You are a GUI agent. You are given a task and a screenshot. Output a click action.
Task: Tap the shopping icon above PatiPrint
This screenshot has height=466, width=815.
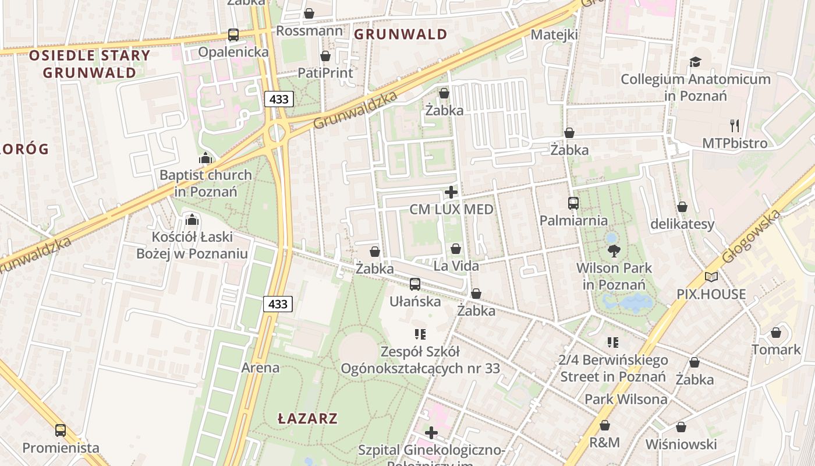(x=325, y=56)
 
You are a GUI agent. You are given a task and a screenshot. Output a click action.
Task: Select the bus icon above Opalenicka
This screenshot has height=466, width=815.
(x=233, y=34)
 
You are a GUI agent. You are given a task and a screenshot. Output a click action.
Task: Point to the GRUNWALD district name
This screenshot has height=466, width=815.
(x=401, y=34)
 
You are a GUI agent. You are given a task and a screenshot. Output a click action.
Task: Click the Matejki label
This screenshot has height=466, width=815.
(x=554, y=35)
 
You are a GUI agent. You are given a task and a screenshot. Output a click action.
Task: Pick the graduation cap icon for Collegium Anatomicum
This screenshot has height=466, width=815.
(x=695, y=62)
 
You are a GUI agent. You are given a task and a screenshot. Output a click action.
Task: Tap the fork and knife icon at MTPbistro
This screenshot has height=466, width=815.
(x=735, y=125)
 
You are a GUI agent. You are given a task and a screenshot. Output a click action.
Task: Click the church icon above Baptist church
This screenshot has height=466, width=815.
(x=205, y=158)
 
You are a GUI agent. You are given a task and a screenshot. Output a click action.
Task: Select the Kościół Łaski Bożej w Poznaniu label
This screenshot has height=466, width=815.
(x=192, y=245)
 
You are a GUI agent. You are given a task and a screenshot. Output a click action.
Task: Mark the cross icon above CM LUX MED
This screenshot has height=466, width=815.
(x=451, y=192)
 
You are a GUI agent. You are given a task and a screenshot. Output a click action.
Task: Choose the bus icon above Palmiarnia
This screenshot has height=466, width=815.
(x=573, y=203)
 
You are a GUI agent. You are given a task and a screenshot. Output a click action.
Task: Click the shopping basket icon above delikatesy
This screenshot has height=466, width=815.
(x=682, y=207)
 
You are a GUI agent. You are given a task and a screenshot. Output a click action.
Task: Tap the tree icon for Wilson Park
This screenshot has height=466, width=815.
(x=614, y=251)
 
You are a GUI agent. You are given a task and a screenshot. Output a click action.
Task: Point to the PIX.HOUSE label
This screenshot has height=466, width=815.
(x=711, y=294)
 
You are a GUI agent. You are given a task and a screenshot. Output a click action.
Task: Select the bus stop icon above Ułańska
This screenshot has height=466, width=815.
(x=414, y=284)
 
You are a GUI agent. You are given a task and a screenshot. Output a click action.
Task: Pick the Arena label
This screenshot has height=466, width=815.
(x=260, y=368)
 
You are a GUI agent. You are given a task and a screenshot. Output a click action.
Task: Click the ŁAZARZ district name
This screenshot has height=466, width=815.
(x=307, y=418)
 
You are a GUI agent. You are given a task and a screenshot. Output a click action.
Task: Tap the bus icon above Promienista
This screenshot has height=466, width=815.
(x=61, y=430)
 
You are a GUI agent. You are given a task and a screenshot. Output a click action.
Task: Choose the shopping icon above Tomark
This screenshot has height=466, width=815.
(x=776, y=333)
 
